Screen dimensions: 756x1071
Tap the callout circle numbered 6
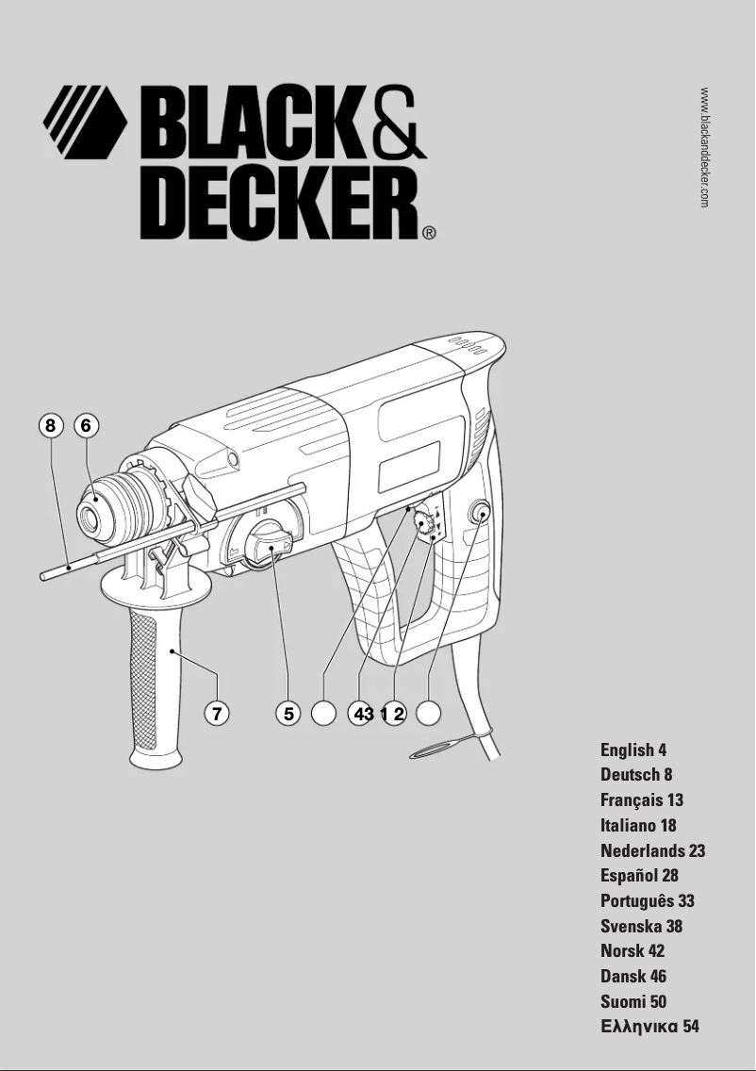[x=86, y=426]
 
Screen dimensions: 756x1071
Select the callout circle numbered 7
[x=217, y=714]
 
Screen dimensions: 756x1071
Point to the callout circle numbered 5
[x=288, y=714]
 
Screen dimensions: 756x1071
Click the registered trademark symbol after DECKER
[x=429, y=231]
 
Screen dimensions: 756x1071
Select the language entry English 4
[x=633, y=750]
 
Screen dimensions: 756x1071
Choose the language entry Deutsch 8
[x=636, y=775]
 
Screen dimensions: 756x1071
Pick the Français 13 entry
[x=642, y=800]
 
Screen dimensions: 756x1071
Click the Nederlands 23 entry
[x=652, y=850]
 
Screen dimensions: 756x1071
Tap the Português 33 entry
[x=648, y=901]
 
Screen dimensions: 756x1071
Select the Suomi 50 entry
[x=633, y=1001]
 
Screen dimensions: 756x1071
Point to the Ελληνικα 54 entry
[x=649, y=1027]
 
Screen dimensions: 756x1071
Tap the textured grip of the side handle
[x=143, y=679]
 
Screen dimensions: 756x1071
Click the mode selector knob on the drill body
[x=267, y=544]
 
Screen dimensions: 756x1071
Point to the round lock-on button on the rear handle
[x=480, y=514]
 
